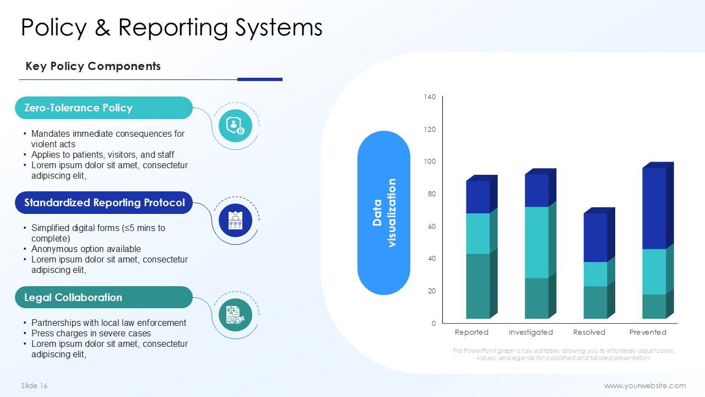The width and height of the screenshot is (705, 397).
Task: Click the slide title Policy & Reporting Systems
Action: point(171,28)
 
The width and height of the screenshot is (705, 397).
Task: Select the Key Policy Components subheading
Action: point(93,66)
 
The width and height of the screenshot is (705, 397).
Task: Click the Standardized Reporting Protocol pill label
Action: point(105,202)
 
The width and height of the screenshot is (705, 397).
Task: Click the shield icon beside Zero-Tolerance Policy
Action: point(235,126)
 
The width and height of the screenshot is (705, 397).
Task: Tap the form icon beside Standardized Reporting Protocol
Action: point(235,220)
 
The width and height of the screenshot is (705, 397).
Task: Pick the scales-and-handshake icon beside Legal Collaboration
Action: point(235,315)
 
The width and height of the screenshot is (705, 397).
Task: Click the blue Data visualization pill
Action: point(384,213)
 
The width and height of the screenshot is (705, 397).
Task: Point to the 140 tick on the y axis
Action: point(430,96)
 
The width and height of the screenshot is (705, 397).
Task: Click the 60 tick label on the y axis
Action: point(432,226)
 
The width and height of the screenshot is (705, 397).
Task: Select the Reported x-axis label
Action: point(471,332)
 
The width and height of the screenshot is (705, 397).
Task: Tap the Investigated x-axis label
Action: point(530,332)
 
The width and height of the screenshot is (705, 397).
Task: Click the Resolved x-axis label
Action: point(589,332)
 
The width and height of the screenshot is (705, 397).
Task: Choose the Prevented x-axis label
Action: point(648,332)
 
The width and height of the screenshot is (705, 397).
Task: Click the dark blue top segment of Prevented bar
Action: point(654,208)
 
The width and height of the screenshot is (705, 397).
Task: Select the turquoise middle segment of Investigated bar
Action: point(536,242)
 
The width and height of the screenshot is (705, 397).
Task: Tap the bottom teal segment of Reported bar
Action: point(478,286)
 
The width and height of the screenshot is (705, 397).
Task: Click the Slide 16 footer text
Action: point(34,385)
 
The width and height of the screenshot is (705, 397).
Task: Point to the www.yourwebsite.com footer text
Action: point(645,385)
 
